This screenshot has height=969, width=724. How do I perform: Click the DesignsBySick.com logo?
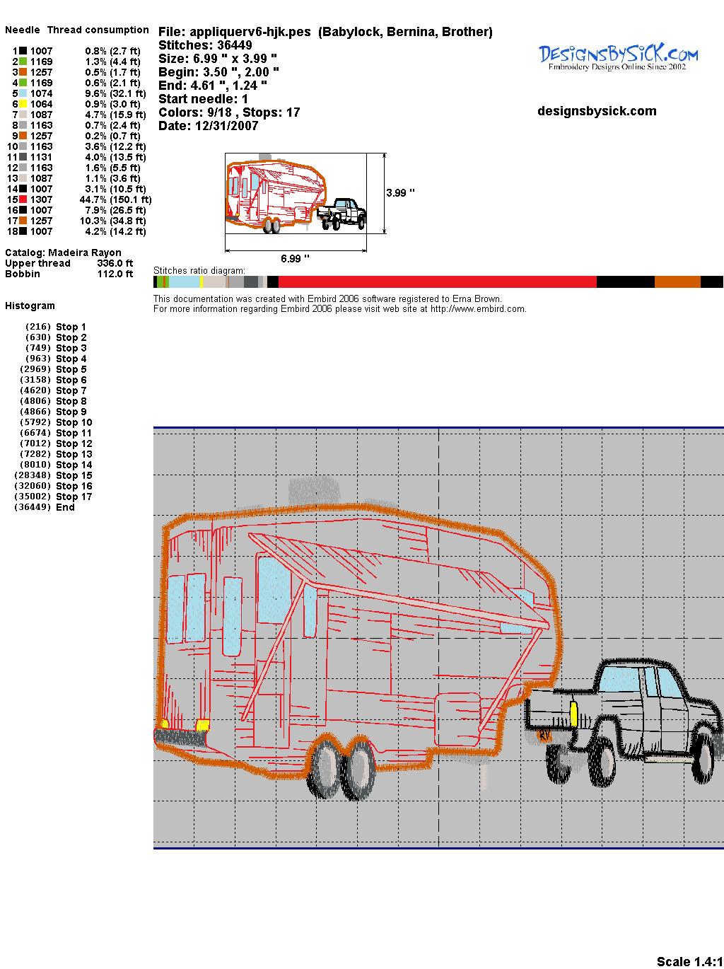coord(618,57)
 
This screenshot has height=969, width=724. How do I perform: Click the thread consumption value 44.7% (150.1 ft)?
coord(115,199)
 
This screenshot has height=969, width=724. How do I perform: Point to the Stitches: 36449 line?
coord(205,45)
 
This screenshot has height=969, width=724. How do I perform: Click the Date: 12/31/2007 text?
coord(209,126)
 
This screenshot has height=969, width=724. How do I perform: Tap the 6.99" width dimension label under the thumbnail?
coord(295,258)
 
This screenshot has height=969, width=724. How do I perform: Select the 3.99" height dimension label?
coord(400,193)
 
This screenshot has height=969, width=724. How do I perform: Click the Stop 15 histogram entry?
coord(53,475)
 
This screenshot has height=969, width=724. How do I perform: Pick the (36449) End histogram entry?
coord(44,507)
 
